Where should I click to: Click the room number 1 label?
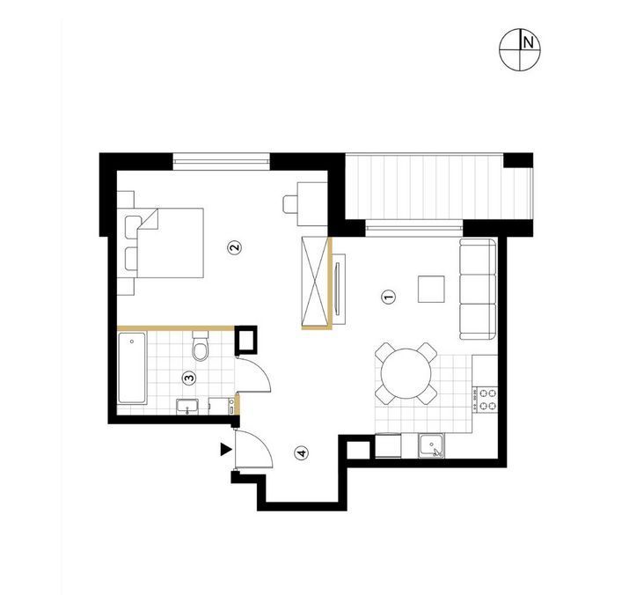[389, 297]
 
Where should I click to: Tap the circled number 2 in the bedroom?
[235, 247]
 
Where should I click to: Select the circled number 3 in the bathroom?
[189, 378]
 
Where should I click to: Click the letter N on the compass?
[529, 42]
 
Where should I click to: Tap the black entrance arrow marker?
[226, 450]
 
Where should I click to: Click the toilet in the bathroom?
[201, 346]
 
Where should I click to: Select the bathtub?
[132, 368]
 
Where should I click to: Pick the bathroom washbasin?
[187, 407]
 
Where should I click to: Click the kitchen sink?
[431, 445]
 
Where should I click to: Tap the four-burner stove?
[485, 399]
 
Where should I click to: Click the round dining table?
[406, 374]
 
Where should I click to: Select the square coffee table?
[431, 289]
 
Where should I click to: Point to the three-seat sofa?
[478, 289]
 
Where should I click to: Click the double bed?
[170, 243]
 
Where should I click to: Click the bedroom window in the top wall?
[221, 161]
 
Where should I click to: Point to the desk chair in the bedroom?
[289, 204]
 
